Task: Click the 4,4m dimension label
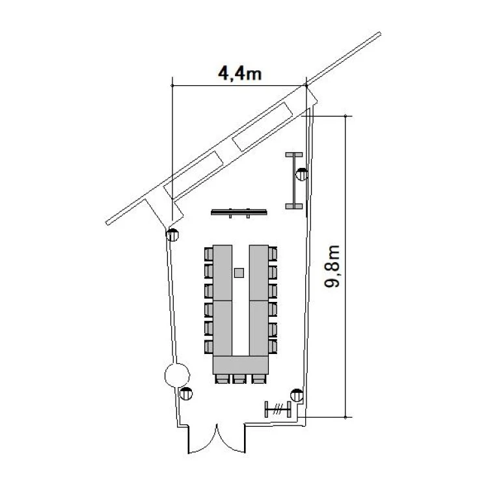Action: [x=239, y=74]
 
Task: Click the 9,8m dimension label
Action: [x=332, y=266]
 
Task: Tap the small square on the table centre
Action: [x=239, y=273]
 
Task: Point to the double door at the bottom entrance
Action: [x=217, y=439]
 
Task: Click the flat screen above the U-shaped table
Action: [x=239, y=213]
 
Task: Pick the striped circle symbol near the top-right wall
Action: [x=301, y=174]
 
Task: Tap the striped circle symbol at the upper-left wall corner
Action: [x=172, y=235]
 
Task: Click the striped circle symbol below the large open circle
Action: [x=186, y=394]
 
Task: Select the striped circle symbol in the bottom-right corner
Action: [x=297, y=396]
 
